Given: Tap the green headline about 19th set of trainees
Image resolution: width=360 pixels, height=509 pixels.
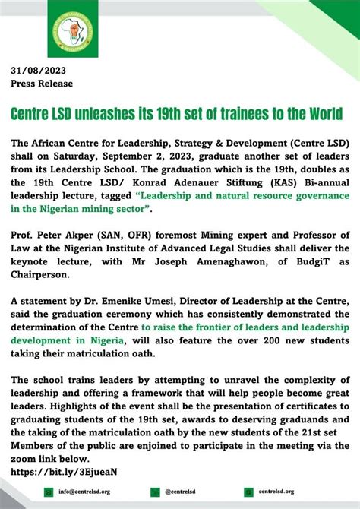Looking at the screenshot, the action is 176,113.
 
